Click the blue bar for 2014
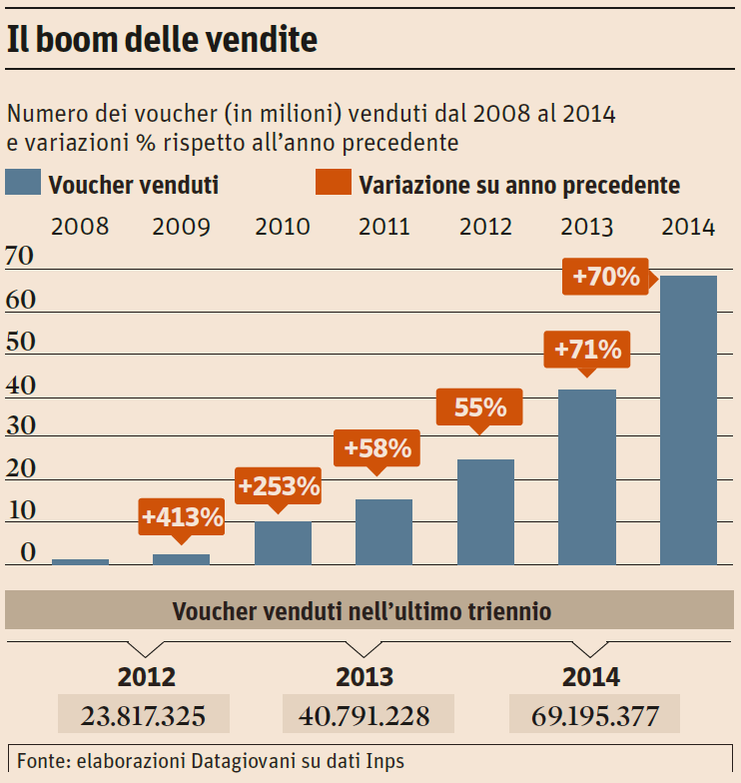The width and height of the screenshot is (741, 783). tap(688, 419)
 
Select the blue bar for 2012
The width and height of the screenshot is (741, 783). tap(485, 511)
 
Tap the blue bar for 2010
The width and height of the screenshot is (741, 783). tap(283, 542)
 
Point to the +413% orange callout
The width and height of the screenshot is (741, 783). tap(182, 517)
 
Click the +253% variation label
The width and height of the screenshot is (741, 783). tap(279, 486)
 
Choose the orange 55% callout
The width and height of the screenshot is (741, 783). tap(480, 407)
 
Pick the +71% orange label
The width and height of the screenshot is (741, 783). tap(587, 351)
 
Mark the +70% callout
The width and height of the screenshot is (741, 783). tap(605, 276)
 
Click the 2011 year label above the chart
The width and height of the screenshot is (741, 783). tap(384, 226)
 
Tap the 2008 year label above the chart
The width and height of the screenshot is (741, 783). tap(80, 226)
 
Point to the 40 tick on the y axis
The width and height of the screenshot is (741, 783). tap(21, 385)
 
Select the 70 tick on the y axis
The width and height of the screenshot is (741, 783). tap(21, 258)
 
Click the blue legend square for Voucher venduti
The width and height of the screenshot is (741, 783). tap(23, 183)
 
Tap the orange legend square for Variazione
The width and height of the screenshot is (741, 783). tap(333, 183)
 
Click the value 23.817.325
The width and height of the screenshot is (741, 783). tap(144, 715)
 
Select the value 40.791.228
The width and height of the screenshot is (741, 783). tap(369, 715)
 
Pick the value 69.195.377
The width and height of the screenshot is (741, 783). tap(594, 715)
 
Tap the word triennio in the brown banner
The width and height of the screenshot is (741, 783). tap(512, 610)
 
